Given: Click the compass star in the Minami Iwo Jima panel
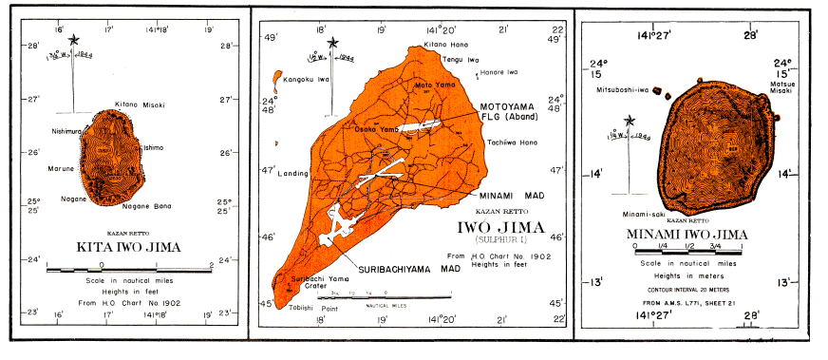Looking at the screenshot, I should point(629,121).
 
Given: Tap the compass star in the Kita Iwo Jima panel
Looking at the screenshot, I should point(73,40).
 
